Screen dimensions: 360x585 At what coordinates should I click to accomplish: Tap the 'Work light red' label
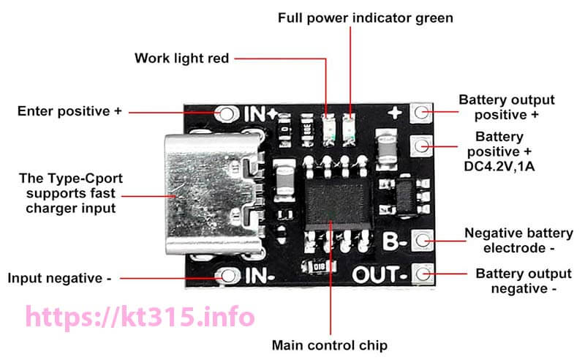pyautogui.click(x=181, y=57)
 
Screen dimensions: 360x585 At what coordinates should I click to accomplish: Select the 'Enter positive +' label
pyautogui.click(x=70, y=111)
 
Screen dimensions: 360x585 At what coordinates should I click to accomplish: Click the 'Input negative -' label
pyautogui.click(x=59, y=278)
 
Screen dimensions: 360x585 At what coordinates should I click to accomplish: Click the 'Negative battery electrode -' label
pyautogui.click(x=518, y=241)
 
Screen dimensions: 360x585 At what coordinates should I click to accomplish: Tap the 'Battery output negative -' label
pyautogui.click(x=523, y=281)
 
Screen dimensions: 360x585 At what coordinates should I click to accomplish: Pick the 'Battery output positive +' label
pyautogui.click(x=506, y=107)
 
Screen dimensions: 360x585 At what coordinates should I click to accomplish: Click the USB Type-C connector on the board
pyautogui.click(x=208, y=194)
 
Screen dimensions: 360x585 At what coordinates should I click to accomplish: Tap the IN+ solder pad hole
pyautogui.click(x=227, y=114)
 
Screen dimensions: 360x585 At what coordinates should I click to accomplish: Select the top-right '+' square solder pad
pyautogui.click(x=421, y=112)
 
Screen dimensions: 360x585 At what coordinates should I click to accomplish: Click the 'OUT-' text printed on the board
pyautogui.click(x=379, y=275)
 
